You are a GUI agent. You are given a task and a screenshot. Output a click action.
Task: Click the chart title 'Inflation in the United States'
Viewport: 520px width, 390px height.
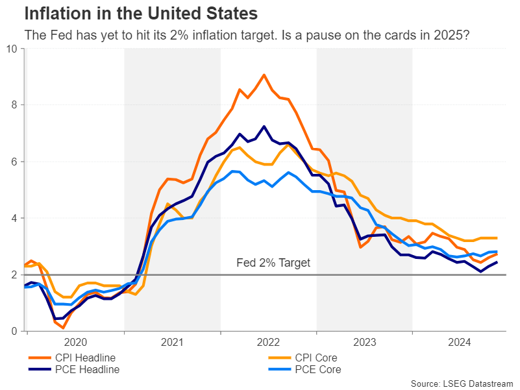pos(140,13)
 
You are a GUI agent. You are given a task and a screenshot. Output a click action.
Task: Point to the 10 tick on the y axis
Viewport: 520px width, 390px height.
pos(12,48)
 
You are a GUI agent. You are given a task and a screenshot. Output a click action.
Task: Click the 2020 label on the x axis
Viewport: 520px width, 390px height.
pos(75,342)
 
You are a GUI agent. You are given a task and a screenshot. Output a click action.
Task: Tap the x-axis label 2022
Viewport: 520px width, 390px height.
pos(268,342)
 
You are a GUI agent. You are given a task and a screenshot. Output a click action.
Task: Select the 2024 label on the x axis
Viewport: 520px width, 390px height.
pos(460,342)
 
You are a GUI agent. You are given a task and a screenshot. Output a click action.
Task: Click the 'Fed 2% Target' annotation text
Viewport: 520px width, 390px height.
pos(273,263)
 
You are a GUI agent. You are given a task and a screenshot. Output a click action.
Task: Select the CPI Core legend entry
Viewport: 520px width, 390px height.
pos(316,358)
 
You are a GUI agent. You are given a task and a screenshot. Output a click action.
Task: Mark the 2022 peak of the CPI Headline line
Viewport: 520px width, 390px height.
pos(264,75)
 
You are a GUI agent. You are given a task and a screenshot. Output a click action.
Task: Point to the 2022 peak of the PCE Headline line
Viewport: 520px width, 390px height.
pos(264,127)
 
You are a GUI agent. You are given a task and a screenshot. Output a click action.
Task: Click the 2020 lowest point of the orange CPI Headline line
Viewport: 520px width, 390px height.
pos(63,328)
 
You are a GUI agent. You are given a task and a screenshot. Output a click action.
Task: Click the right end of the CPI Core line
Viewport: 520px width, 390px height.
pos(497,238)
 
